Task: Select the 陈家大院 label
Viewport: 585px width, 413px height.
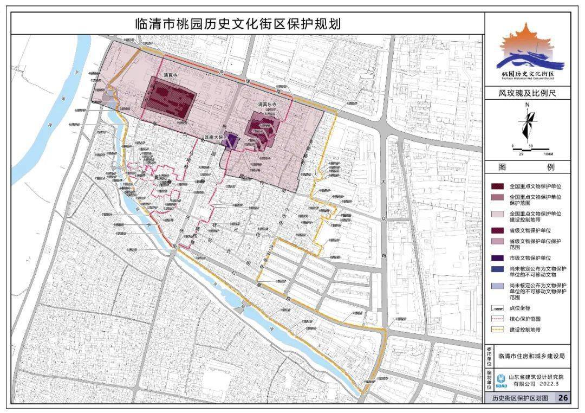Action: click(x=214, y=137)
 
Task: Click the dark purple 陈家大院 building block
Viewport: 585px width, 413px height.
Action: click(x=232, y=141)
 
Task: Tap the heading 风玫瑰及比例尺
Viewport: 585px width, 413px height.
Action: click(x=527, y=93)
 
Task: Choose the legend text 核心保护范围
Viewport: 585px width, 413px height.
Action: click(x=525, y=319)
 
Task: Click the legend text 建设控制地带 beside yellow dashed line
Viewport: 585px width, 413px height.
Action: click(x=525, y=329)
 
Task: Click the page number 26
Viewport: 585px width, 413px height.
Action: click(x=563, y=398)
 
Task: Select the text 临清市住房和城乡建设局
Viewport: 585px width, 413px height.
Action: click(x=531, y=356)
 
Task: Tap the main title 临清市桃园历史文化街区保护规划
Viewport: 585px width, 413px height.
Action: click(x=238, y=24)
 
